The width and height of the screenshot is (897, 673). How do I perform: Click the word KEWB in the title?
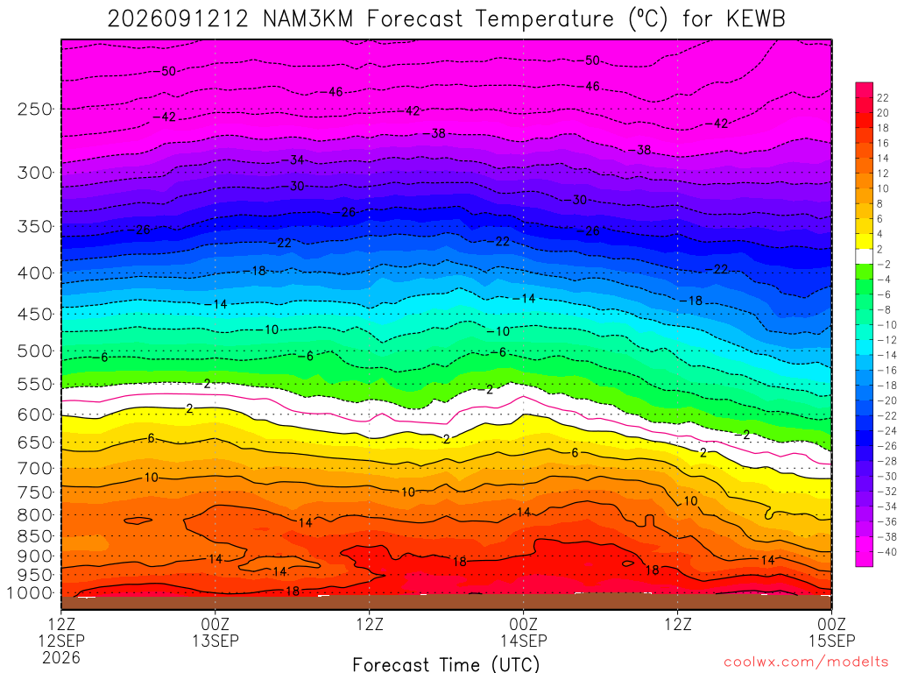click(756, 19)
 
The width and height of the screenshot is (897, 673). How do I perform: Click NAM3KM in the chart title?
click(308, 19)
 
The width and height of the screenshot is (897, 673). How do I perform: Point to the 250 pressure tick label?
click(35, 109)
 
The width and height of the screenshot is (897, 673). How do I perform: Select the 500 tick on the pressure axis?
click(35, 351)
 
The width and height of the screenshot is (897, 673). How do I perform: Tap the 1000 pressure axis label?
click(31, 593)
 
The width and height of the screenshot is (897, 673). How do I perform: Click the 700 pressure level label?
click(35, 468)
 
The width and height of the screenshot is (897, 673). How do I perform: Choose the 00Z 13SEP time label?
click(215, 632)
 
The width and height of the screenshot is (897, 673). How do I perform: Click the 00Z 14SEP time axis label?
click(524, 632)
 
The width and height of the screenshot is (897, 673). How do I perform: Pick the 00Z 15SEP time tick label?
click(832, 632)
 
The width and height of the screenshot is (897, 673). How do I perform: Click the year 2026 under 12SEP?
click(61, 657)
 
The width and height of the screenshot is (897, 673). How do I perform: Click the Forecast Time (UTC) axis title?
click(446, 664)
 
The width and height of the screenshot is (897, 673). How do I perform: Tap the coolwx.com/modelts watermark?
click(806, 662)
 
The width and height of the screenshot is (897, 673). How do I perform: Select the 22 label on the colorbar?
click(883, 98)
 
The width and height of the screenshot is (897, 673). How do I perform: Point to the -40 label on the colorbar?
click(886, 552)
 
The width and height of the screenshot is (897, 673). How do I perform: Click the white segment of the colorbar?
click(864, 257)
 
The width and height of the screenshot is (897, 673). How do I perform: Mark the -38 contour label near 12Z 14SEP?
click(640, 150)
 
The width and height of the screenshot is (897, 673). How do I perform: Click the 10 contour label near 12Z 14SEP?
click(690, 501)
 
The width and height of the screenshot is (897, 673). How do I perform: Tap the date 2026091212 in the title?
click(178, 19)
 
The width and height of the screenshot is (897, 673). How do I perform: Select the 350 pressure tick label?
click(35, 226)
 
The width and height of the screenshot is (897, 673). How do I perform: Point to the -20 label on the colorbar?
click(886, 400)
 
